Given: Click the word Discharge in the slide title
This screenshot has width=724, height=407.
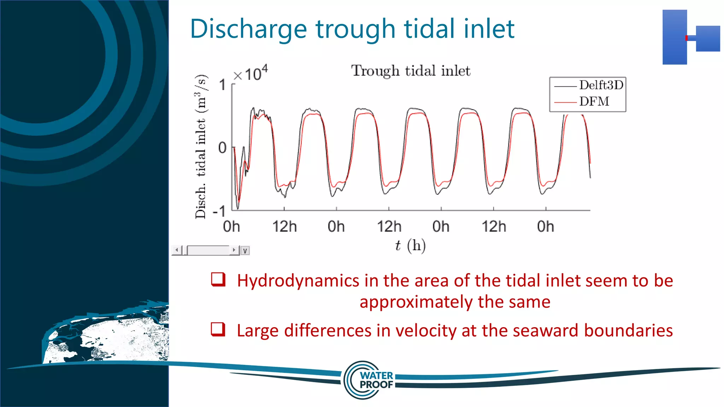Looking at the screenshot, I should point(248,29).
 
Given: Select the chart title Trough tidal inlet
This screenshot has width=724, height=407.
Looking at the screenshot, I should point(410,71).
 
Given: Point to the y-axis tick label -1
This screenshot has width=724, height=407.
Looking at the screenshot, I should point(219,212).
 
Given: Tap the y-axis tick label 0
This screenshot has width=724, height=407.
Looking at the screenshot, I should point(222,148).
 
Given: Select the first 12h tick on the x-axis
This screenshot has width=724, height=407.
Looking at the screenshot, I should point(284,226).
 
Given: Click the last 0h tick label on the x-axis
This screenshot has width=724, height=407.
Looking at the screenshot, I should point(545,226).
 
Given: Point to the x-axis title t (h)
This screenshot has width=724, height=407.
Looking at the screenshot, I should point(410,245).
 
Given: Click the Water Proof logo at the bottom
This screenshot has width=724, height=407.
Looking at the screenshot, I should point(368,380).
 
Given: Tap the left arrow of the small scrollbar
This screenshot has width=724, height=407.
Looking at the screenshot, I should point(176,250).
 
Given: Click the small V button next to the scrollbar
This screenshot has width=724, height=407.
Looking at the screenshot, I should point(245,250).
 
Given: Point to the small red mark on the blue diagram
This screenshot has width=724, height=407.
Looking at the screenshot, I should point(686,38).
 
